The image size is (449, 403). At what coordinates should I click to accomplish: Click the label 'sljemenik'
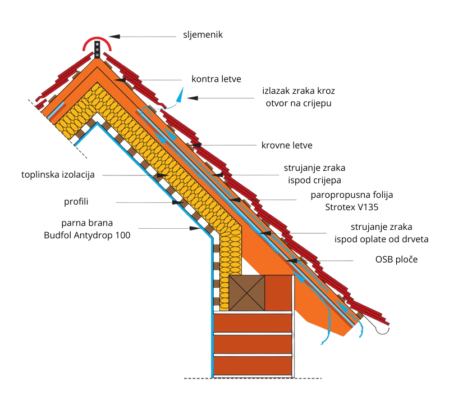(203, 35)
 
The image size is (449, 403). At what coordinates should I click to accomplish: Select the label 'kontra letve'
(216, 79)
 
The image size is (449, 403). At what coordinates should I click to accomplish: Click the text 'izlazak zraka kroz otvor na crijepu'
(299, 97)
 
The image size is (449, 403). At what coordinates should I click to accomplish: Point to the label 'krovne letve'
(286, 146)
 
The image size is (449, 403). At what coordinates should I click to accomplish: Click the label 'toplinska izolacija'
(58, 175)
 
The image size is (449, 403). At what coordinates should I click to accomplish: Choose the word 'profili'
(76, 201)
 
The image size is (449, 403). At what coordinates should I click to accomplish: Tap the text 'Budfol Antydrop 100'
(87, 236)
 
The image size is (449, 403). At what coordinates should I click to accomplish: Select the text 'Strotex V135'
(352, 207)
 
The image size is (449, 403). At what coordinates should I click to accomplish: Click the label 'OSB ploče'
(396, 260)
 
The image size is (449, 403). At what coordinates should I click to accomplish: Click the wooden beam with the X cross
(247, 292)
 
